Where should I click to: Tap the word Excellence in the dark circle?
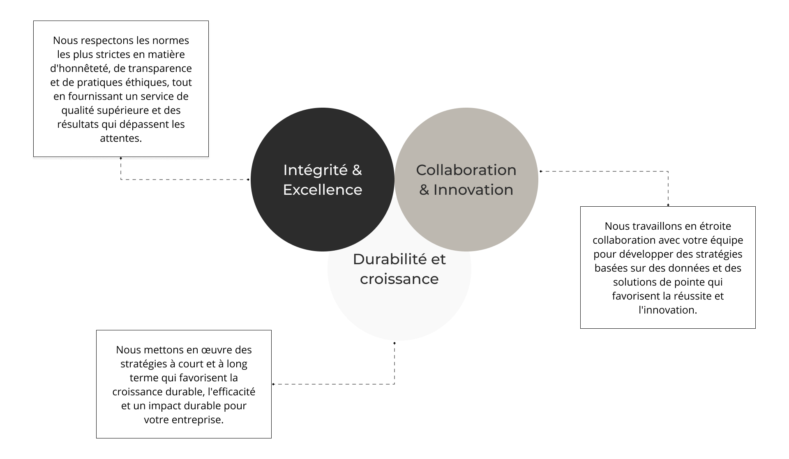pos(323,190)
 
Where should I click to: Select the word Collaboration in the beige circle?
pos(466,170)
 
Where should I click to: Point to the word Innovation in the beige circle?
pos(473,190)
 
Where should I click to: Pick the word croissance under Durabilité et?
pos(399,279)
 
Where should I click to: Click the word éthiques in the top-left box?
pos(148,83)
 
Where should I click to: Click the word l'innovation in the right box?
pos(668,310)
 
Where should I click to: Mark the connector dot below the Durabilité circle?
pos(394,343)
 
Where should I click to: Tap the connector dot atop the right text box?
pos(668,205)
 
